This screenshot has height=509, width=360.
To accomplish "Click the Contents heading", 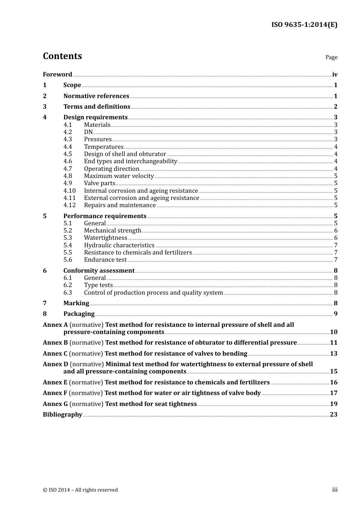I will pyautogui.click(x=62, y=56).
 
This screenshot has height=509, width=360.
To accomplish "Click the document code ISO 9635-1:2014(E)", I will pyautogui.click(x=304, y=25).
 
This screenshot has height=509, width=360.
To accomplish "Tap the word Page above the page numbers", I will pyautogui.click(x=331, y=57).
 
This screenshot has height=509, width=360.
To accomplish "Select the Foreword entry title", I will pyautogui.click(x=57, y=75).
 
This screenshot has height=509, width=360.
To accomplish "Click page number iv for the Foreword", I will pyautogui.click(x=335, y=75).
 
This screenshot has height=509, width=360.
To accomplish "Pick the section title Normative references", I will pyautogui.click(x=96, y=96).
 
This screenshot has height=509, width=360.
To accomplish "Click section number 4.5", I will pyautogui.click(x=67, y=154).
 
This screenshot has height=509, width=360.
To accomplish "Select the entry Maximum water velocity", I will pyautogui.click(x=119, y=176).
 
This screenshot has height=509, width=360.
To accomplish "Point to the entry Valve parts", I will pyautogui.click(x=99, y=183).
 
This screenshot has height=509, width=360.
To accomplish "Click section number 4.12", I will pyautogui.click(x=69, y=205).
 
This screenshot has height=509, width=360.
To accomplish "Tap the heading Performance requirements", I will pyautogui.click(x=105, y=216).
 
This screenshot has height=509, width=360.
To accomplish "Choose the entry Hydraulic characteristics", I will pyautogui.click(x=119, y=245).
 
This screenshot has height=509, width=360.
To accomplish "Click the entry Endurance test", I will pyautogui.click(x=105, y=260).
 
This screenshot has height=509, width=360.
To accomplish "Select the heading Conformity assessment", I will pyautogui.click(x=99, y=271).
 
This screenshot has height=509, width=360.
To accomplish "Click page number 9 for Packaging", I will pyautogui.click(x=335, y=314).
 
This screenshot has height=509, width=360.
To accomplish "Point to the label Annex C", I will pyautogui.click(x=55, y=354).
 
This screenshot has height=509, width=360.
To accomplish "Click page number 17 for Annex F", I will pyautogui.click(x=333, y=393).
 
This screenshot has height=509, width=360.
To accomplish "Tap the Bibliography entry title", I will pyautogui.click(x=62, y=415).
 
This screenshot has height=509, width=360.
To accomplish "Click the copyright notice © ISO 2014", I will pyautogui.click(x=80, y=490).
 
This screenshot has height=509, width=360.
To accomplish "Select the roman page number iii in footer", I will pyautogui.click(x=335, y=490).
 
